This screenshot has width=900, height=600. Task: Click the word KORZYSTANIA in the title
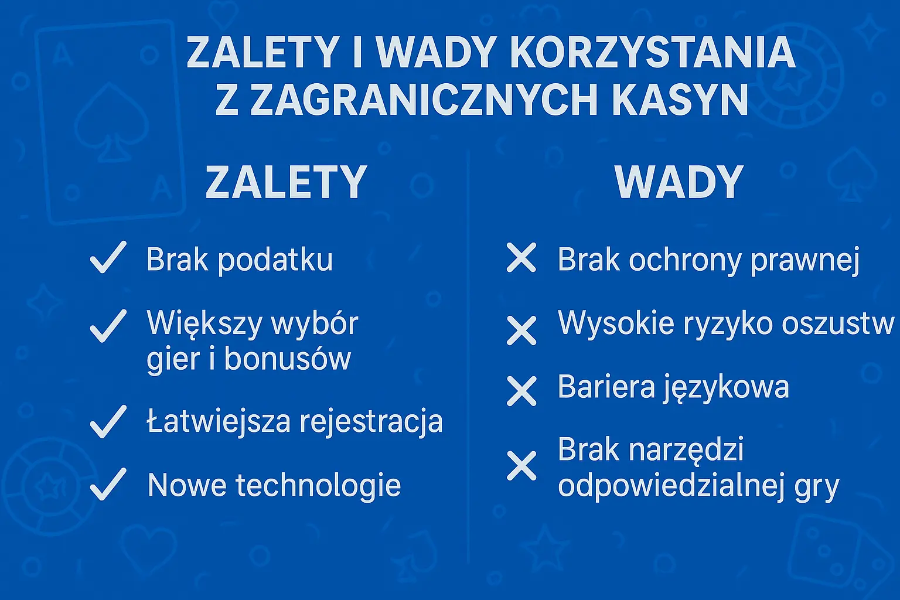(x=652, y=52)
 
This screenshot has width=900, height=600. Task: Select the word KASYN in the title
(x=680, y=100)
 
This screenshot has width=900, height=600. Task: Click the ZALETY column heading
(x=286, y=182)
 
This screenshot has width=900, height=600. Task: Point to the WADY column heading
(x=679, y=182)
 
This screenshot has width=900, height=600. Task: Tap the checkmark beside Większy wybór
(x=108, y=325)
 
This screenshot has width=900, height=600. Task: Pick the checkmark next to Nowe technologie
(x=108, y=484)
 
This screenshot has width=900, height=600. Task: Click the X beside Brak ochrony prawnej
(x=521, y=258)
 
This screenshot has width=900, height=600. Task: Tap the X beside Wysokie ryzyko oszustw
(x=521, y=330)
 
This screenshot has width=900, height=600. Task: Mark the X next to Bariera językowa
(x=521, y=391)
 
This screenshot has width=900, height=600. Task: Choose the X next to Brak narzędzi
(x=521, y=466)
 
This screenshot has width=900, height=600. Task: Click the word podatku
(x=275, y=260)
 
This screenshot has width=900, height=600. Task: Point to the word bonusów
(x=287, y=359)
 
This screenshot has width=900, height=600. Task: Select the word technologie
(x=318, y=485)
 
